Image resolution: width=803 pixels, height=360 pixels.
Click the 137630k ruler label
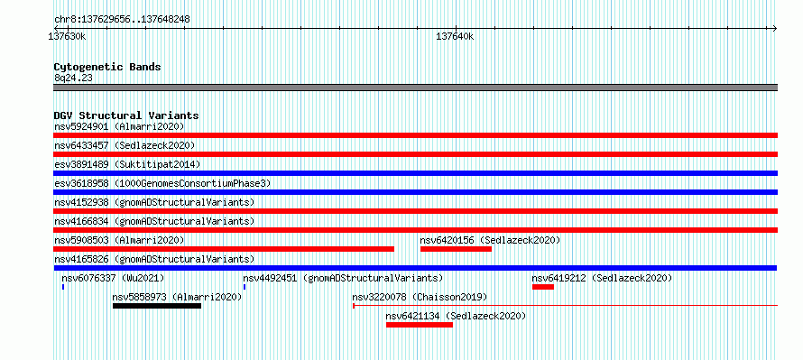click(x=67, y=36)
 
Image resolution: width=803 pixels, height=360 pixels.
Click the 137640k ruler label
click(x=455, y=36)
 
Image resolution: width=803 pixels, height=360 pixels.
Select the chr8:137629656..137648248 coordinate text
click(x=122, y=20)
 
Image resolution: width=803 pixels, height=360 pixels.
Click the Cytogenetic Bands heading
click(x=107, y=67)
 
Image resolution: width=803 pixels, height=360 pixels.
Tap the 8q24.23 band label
click(x=73, y=78)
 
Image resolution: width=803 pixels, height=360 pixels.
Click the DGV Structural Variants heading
click(x=126, y=115)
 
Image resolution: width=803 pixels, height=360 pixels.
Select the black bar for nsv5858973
click(x=157, y=306)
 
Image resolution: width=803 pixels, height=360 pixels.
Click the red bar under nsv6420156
click(x=456, y=249)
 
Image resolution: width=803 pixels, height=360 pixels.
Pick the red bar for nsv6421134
click(x=420, y=325)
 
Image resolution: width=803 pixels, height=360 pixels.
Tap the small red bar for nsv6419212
click(x=543, y=287)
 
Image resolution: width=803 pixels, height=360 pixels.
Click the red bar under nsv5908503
click(x=224, y=249)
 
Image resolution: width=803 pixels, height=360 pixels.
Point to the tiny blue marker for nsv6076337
click(x=63, y=287)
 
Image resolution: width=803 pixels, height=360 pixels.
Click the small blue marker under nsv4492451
click(x=245, y=287)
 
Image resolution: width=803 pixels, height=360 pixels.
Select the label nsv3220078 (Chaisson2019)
click(x=420, y=297)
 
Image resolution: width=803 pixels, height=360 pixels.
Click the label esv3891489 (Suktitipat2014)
click(x=127, y=164)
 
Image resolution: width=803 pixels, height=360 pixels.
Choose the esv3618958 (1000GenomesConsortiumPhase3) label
click(x=162, y=183)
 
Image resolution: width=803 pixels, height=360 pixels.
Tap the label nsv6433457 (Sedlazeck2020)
click(x=125, y=145)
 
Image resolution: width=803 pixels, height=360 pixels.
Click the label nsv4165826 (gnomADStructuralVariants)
click(x=154, y=259)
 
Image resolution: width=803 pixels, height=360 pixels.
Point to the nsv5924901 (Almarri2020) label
click(x=119, y=126)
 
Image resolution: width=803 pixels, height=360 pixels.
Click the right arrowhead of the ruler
click(x=775, y=28)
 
